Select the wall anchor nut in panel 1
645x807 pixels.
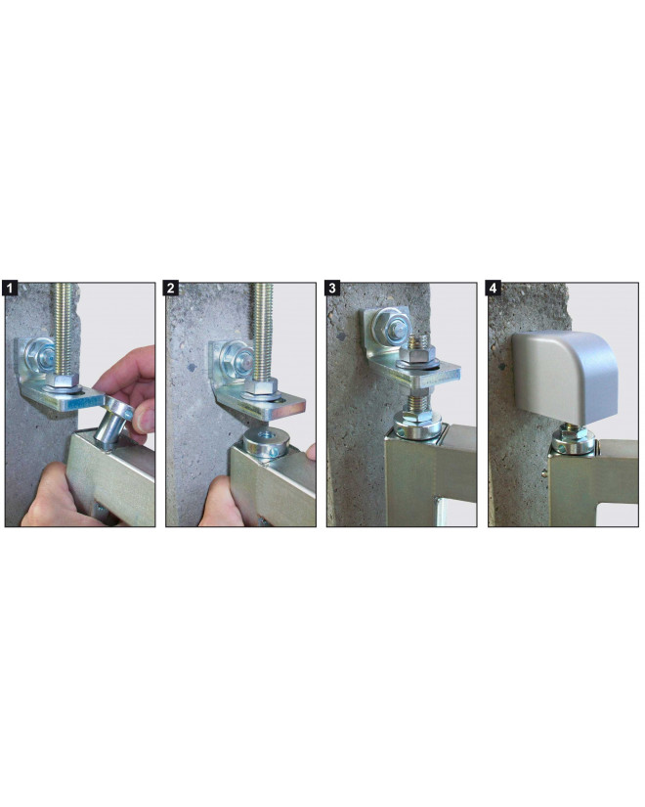[x=42, y=353]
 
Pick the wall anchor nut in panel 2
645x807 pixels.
[x=235, y=355]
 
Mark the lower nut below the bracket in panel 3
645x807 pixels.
[x=416, y=423]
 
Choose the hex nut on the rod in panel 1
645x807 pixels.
[x=64, y=381]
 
